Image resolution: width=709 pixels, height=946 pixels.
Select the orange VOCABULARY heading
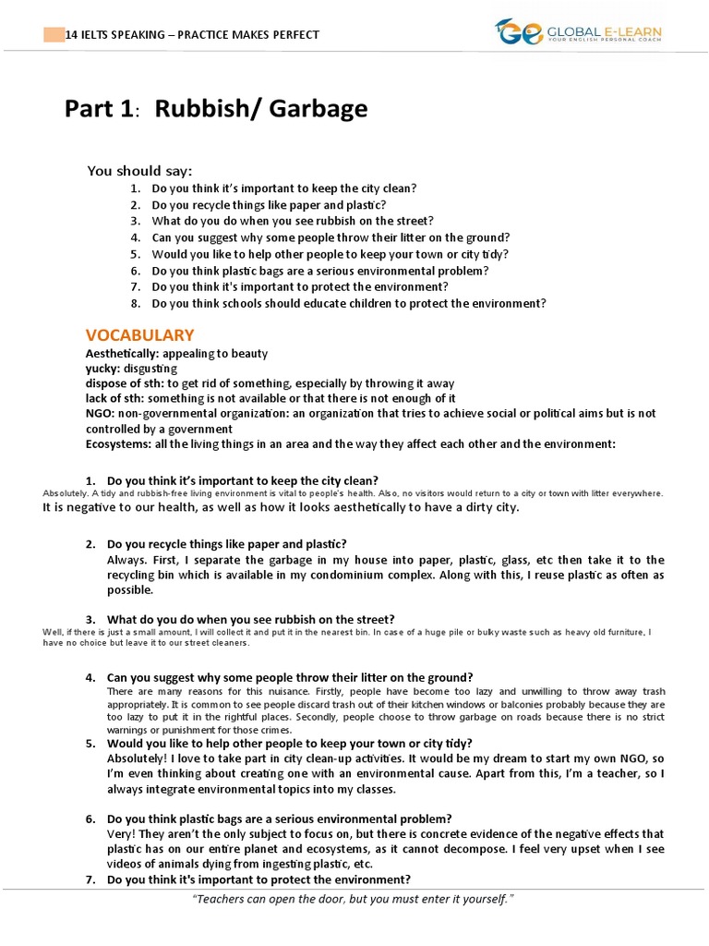point(139,335)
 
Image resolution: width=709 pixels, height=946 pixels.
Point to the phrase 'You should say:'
point(139,171)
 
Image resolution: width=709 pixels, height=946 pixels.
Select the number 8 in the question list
point(135,304)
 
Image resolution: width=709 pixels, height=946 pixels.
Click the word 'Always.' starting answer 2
point(126,560)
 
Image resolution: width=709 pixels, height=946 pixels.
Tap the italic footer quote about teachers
point(354,900)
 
